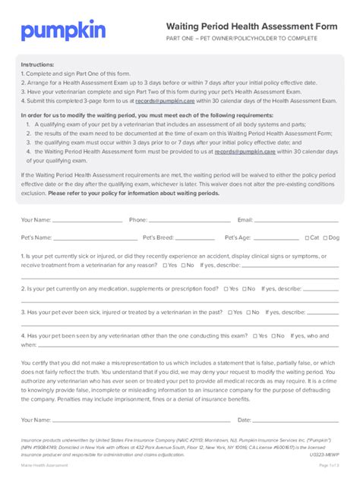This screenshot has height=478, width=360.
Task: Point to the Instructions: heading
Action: click(37, 65)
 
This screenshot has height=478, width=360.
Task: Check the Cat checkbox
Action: click(307, 237)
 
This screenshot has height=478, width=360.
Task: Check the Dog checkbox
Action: click(326, 237)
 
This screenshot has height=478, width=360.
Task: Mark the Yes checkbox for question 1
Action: click(164, 266)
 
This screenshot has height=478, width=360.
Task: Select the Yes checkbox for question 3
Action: click(253, 312)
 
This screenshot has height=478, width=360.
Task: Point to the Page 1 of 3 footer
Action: click(328, 465)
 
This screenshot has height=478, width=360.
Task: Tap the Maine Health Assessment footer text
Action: click(45, 465)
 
